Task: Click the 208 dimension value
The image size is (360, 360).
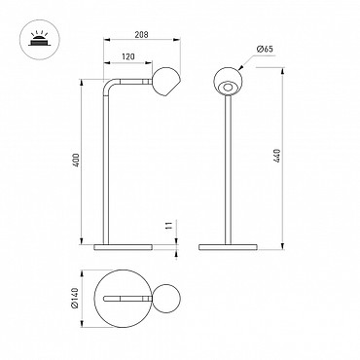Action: point(141,34)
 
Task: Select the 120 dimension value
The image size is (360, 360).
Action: point(128,57)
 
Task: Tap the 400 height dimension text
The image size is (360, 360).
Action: point(76,160)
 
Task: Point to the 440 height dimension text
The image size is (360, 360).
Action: point(276,157)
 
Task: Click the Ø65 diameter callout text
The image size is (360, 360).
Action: point(265,50)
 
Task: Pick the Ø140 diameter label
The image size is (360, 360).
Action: point(74,298)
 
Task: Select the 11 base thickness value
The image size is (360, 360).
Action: point(168,226)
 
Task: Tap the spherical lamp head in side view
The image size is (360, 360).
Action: point(166,82)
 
